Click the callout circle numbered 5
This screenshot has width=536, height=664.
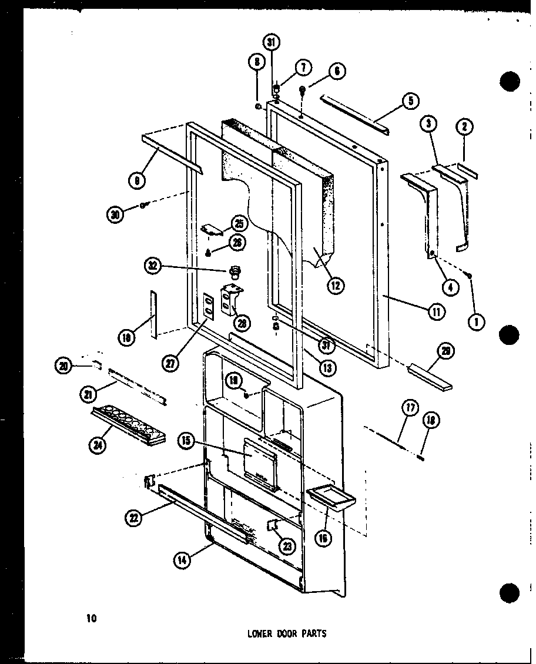[x=410, y=100]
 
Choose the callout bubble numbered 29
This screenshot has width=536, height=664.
[x=445, y=351]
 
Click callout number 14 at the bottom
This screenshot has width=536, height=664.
[x=182, y=560]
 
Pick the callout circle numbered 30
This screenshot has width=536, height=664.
[x=115, y=216]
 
